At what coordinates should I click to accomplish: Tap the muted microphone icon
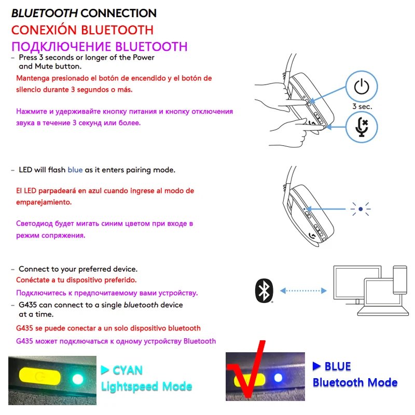tap(362, 127)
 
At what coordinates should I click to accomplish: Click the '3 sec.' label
tap(362, 106)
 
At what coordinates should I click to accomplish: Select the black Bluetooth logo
tap(264, 292)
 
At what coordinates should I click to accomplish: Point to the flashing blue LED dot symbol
tap(361, 210)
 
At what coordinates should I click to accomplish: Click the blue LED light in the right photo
tap(279, 378)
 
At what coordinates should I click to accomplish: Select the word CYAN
tap(127, 370)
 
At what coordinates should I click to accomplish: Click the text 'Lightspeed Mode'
tap(146, 386)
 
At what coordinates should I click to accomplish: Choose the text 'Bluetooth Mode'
tap(355, 382)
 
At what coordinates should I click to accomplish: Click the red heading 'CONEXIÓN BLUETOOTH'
tap(82, 30)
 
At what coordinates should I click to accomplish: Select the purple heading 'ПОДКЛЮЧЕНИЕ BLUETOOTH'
tap(99, 46)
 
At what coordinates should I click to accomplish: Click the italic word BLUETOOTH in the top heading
tap(45, 13)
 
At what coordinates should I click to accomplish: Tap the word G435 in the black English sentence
tap(29, 305)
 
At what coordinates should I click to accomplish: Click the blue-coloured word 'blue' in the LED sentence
tap(75, 170)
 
